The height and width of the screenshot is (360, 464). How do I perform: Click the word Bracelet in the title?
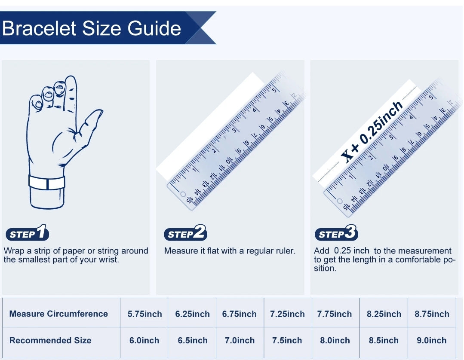coord(39,28)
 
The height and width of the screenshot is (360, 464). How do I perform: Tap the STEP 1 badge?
coord(27,233)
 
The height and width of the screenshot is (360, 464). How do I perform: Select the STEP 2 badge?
coord(185,233)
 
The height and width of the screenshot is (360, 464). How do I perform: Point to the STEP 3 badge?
coord(336,233)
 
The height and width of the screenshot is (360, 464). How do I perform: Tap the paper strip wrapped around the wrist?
coord(47,183)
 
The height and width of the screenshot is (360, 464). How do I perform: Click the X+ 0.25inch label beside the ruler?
coord(372,132)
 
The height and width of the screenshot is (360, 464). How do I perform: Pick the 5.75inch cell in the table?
coord(144,314)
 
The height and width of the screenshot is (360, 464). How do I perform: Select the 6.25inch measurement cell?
coord(192,314)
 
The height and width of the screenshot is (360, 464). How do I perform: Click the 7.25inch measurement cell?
coord(287,314)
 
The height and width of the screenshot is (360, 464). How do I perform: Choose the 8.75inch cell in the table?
coord(432,314)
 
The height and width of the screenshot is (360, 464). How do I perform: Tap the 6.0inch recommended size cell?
coord(144,341)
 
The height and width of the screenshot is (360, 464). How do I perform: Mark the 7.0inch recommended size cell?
coord(240,341)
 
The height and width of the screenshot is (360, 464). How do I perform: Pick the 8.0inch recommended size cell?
coord(335,341)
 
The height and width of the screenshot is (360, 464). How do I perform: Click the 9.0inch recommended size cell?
coord(431,341)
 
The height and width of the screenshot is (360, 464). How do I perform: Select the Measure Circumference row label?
coord(58,314)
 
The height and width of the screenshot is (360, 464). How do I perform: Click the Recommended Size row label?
coord(50,340)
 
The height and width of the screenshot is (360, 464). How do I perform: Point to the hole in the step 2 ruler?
coord(183,194)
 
